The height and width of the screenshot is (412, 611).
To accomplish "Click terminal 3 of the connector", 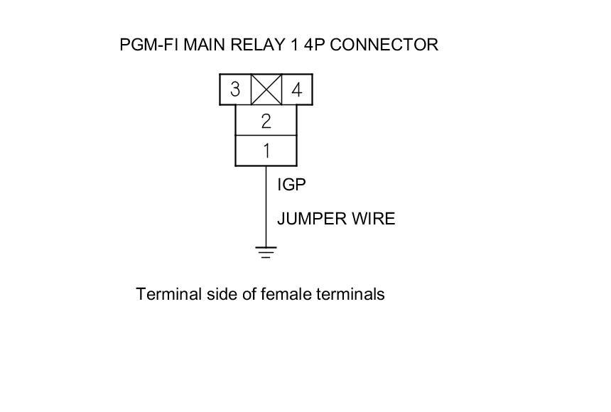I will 235,90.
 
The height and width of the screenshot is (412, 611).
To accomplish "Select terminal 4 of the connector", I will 297,90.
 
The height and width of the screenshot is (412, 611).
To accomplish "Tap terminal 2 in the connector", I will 266,121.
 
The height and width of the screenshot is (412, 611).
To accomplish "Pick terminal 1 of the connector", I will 266,151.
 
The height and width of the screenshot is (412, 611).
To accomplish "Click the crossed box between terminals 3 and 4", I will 266,90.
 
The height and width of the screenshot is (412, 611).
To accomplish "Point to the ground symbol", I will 266,251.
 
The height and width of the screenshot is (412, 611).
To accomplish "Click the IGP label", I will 291,185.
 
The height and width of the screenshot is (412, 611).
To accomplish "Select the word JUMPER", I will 310,219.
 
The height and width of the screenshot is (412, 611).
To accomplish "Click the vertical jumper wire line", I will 266,206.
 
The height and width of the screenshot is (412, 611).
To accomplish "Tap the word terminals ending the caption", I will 350,294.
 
